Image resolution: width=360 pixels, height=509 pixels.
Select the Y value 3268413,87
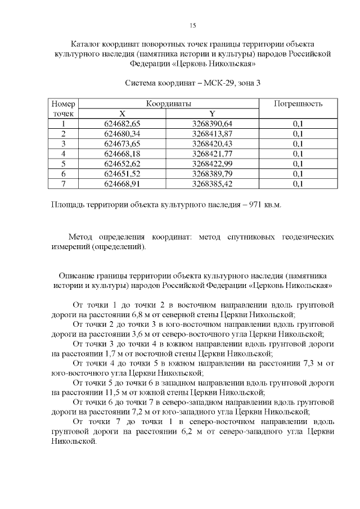[x=212, y=133]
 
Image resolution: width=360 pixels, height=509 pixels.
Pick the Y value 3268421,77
[x=212, y=154]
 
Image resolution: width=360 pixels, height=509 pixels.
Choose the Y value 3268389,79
[x=212, y=173]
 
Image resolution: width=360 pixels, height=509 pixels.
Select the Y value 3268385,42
[x=212, y=183]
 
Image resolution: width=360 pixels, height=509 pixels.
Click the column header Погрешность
[x=298, y=104]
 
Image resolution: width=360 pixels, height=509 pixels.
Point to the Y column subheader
[x=212, y=114]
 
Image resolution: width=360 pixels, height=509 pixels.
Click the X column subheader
[x=122, y=114]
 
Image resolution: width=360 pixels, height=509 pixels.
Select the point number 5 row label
[x=64, y=164]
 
